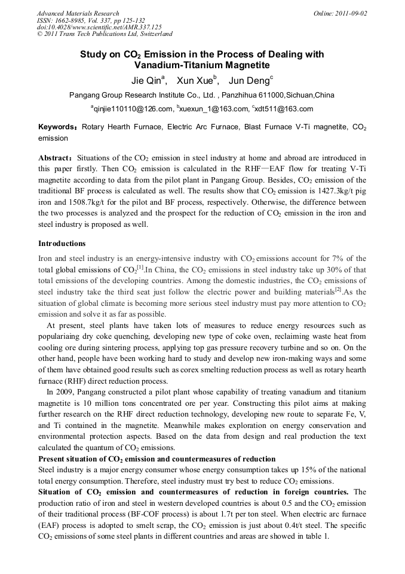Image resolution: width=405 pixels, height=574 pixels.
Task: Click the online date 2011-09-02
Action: (x=348, y=13)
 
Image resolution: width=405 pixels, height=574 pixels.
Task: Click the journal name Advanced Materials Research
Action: (x=78, y=13)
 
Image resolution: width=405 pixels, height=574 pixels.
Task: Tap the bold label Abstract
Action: (x=55, y=157)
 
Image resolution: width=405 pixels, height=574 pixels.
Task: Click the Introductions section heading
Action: (x=62, y=244)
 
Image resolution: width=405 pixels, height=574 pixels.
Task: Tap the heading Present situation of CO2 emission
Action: (x=157, y=459)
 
